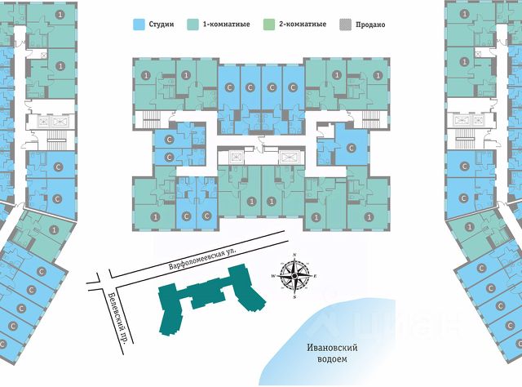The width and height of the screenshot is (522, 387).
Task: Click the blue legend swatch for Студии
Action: point(139,25)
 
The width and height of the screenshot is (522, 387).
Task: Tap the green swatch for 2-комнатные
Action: point(274,25)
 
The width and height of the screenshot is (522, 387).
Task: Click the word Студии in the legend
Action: point(162,25)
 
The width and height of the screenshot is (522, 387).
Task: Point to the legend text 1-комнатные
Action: point(228,25)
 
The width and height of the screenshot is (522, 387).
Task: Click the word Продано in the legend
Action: point(369,25)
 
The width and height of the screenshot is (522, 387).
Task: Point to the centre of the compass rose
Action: point(294,278)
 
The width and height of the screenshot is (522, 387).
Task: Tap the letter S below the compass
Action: point(294,299)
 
